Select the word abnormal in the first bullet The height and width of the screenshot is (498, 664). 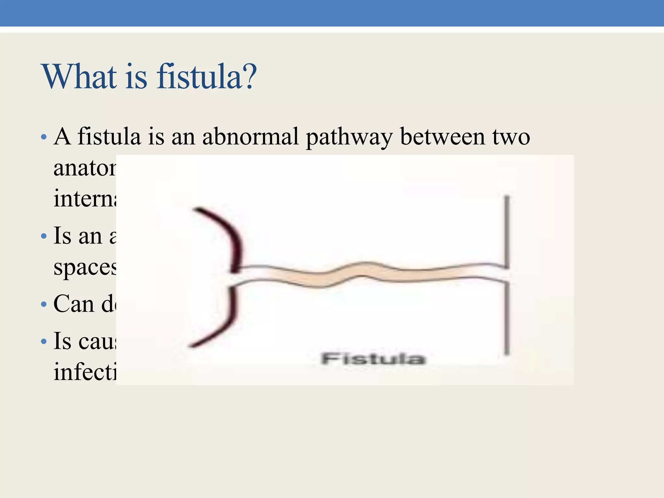tap(250, 136)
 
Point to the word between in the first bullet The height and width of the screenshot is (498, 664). tap(442, 136)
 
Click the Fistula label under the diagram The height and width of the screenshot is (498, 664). tap(373, 359)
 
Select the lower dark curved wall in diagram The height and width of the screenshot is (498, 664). tap(224, 321)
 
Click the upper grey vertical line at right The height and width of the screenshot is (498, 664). tap(507, 230)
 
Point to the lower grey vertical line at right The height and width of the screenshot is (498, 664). tap(507, 318)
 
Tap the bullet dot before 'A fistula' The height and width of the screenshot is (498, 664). tap(44, 137)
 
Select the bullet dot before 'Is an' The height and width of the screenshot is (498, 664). tap(44, 236)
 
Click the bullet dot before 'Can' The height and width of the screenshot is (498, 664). tap(44, 305)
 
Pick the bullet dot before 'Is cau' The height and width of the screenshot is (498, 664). tap(44, 341)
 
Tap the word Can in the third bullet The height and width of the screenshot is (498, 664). tap(74, 304)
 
